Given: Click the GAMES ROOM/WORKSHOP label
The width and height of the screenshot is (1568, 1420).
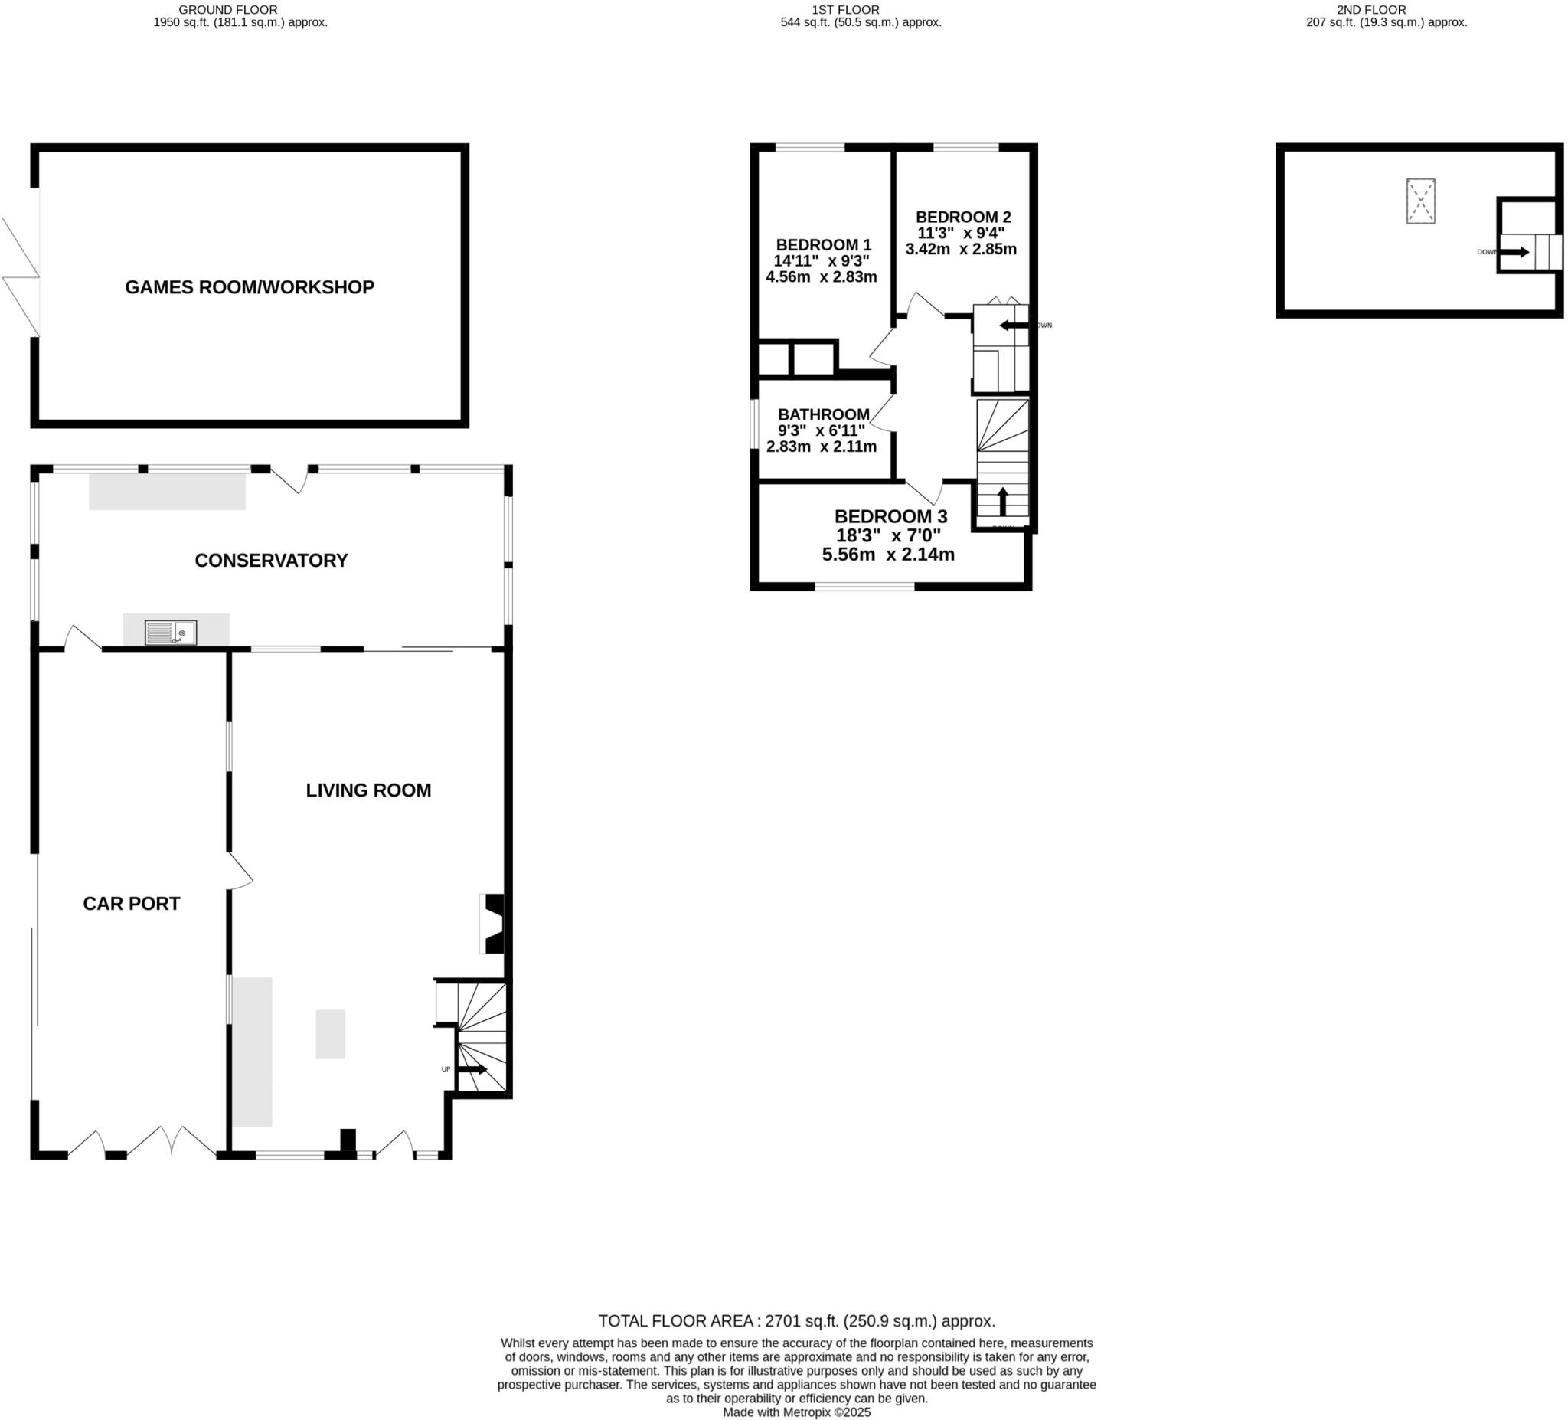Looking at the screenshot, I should click(250, 287).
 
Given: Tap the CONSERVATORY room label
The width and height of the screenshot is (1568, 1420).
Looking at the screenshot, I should click(271, 560).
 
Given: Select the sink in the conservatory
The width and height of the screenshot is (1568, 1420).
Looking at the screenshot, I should click(171, 633).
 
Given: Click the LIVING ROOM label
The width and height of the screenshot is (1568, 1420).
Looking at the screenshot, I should click(368, 790).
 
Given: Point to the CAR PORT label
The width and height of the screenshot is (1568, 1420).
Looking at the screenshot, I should click(132, 903).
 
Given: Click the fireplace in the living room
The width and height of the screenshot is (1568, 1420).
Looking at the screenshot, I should click(492, 924).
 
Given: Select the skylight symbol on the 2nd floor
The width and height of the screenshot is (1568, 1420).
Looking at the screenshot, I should click(1420, 201).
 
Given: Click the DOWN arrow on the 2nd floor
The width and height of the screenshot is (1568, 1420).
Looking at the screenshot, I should click(1514, 252).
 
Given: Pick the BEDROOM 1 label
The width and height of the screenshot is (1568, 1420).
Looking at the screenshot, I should click(823, 244).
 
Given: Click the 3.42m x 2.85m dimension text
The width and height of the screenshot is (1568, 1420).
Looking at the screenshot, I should click(961, 249).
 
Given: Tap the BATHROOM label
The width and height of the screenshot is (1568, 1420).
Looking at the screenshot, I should click(824, 414).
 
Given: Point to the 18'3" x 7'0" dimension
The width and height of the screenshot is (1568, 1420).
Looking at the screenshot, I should click(888, 535).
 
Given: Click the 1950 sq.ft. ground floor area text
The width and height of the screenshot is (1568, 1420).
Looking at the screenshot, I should click(240, 22).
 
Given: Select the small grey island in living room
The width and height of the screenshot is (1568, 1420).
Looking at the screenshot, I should click(330, 1033).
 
